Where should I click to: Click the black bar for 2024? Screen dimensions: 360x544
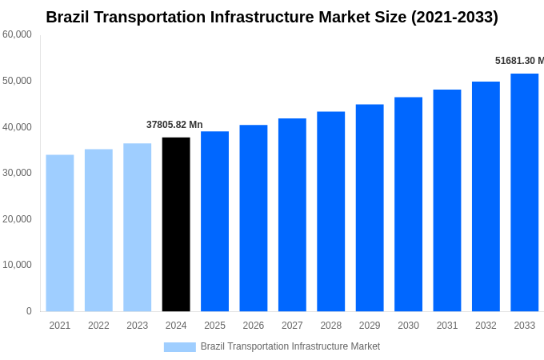pyautogui.click(x=176, y=224)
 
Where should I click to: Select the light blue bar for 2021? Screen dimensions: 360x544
pyautogui.click(x=60, y=233)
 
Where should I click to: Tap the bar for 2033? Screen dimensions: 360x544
pyautogui.click(x=524, y=192)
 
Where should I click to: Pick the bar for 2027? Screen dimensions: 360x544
pyautogui.click(x=292, y=214)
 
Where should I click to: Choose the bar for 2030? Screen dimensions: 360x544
pyautogui.click(x=408, y=204)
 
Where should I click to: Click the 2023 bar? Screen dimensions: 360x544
pyautogui.click(x=138, y=227)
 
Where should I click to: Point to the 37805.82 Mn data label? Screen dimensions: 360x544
pyautogui.click(x=174, y=125)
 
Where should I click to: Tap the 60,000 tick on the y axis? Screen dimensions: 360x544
pyautogui.click(x=17, y=34)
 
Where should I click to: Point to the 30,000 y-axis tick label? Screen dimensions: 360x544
pyautogui.click(x=17, y=173)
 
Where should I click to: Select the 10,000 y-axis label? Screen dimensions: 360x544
pyautogui.click(x=17, y=265)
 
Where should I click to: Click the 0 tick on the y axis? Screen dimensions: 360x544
pyautogui.click(x=29, y=311)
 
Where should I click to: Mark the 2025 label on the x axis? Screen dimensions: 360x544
pyautogui.click(x=214, y=326)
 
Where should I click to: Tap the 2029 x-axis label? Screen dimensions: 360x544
pyautogui.click(x=370, y=326)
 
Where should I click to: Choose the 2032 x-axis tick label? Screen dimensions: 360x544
pyautogui.click(x=486, y=326)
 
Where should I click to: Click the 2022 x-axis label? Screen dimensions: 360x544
pyautogui.click(x=98, y=326)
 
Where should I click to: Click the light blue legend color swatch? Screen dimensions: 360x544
pyautogui.click(x=179, y=346)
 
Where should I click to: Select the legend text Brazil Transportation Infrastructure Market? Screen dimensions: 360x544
pyautogui.click(x=290, y=346)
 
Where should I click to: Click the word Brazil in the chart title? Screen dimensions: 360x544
pyautogui.click(x=70, y=17)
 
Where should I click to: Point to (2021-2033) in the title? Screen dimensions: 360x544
pyautogui.click(x=454, y=17)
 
